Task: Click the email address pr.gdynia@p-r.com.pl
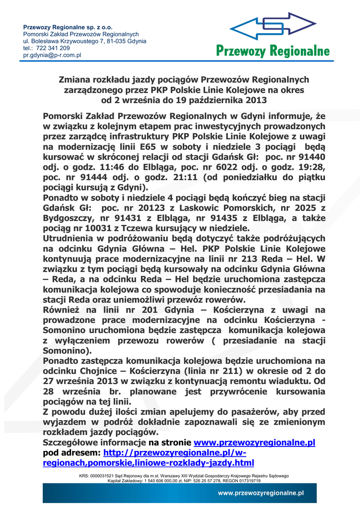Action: [x=52, y=55]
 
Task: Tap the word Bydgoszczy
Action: [x=68, y=219]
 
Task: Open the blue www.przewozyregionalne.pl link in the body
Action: [x=254, y=443]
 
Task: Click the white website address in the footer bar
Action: [x=261, y=493]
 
